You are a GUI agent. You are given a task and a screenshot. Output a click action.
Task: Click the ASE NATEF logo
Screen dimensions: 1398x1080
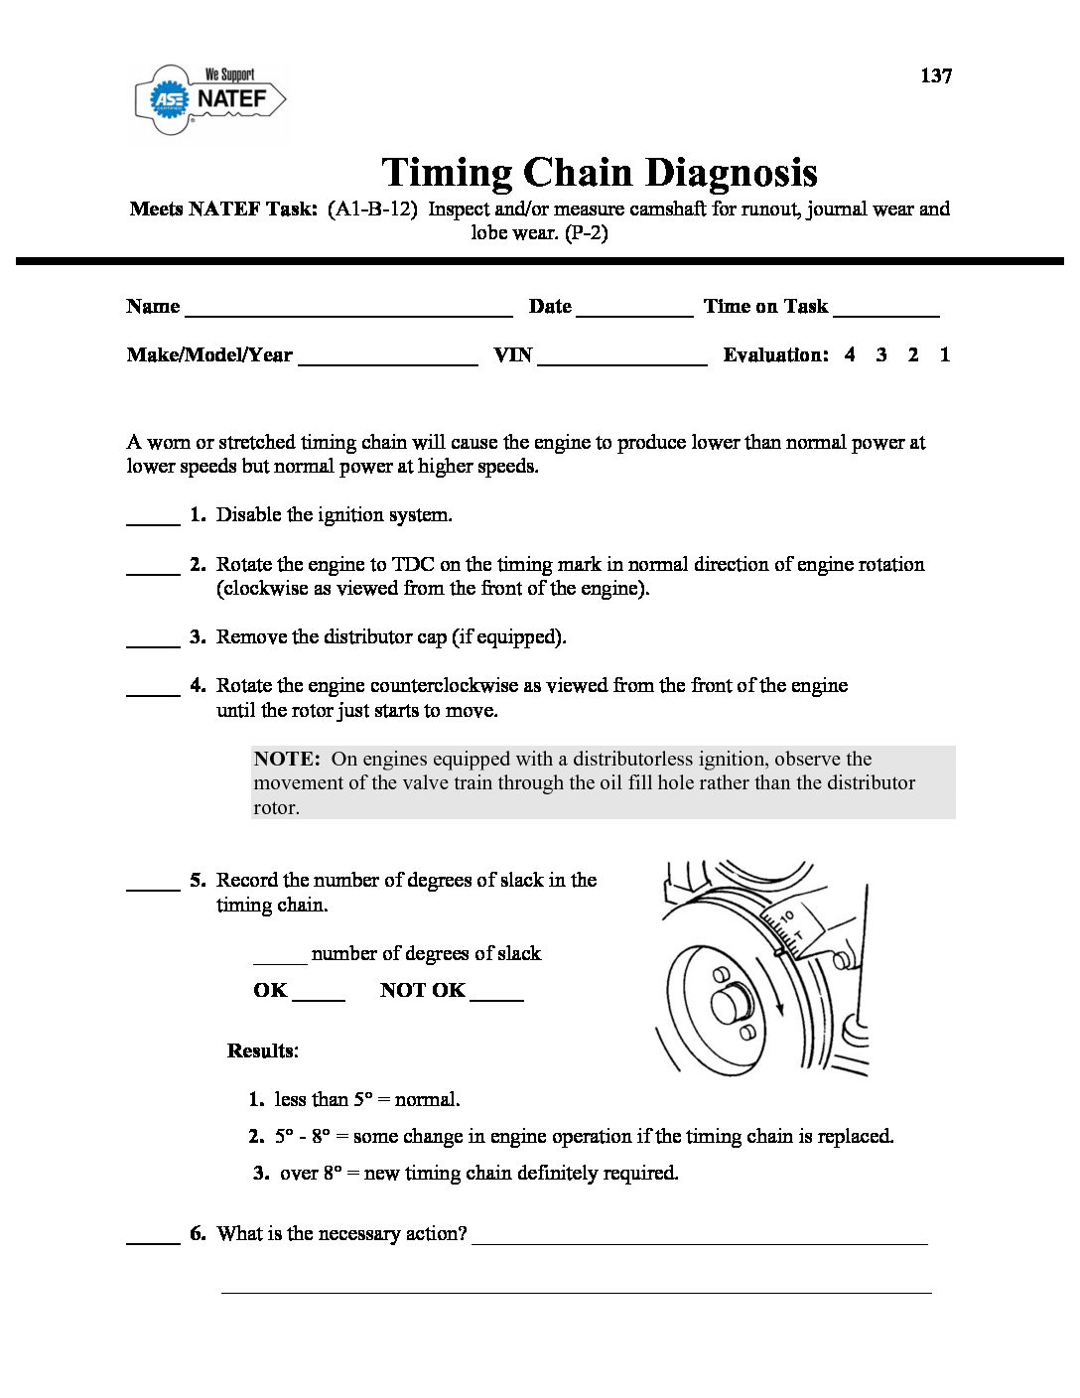[x=210, y=99]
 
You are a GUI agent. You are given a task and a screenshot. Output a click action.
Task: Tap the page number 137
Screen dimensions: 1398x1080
[x=936, y=76]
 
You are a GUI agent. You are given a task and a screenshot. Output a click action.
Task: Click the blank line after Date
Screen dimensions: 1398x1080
[x=634, y=314]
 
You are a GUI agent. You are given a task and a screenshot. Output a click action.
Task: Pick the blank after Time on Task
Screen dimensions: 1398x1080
[x=886, y=314]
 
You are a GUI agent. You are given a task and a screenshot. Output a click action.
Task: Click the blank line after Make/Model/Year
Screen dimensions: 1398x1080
[x=387, y=363]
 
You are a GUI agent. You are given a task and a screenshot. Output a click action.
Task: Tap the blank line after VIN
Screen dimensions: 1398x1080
[x=621, y=363]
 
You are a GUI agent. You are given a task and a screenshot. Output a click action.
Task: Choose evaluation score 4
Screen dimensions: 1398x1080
[x=850, y=354]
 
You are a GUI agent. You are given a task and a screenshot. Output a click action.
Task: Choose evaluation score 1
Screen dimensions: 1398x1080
[x=945, y=354]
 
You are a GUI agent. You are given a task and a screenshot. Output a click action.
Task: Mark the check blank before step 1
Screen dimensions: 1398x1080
[x=153, y=522]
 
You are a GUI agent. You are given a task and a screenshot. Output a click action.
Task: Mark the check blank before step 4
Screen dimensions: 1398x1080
[x=153, y=693]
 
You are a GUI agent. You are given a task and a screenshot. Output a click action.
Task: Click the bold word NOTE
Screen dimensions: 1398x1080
[x=286, y=760]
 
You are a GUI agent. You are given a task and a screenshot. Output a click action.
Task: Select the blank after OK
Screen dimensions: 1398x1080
[x=319, y=998]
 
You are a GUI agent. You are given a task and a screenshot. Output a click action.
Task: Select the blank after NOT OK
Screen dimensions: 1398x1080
[x=496, y=998]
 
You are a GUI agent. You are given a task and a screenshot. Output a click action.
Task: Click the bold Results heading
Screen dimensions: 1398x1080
[x=262, y=1050]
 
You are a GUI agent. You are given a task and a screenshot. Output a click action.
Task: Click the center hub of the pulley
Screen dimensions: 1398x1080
[x=732, y=1003]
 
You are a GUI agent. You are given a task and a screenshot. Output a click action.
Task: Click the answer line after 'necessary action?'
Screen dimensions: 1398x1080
[x=699, y=1241]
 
